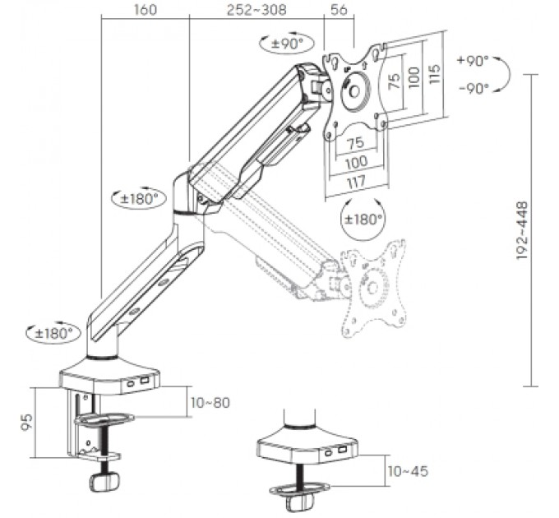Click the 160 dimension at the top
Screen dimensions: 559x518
(x=146, y=10)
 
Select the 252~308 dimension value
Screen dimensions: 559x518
(x=256, y=10)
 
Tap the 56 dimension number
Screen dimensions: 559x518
(x=339, y=10)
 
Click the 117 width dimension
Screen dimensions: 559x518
(x=357, y=183)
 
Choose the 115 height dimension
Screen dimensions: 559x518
(x=434, y=74)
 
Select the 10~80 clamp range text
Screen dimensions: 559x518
(x=210, y=403)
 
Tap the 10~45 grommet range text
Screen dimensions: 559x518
(x=408, y=471)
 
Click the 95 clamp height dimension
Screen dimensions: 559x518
(x=27, y=422)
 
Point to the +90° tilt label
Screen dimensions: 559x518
(x=473, y=61)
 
